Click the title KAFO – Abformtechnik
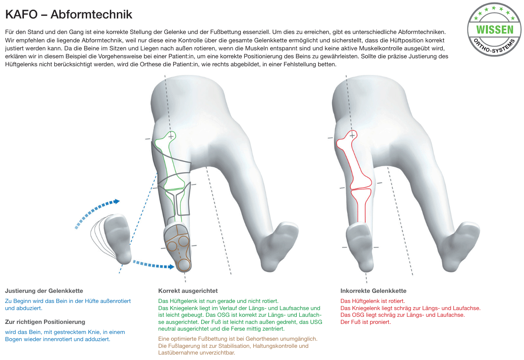click(69, 14)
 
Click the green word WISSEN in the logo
click(495, 30)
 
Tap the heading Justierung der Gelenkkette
click(44, 291)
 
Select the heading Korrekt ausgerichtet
click(188, 291)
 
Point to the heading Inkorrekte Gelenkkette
click(374, 291)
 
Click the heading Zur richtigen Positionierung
click(45, 322)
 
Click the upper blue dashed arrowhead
click(117, 201)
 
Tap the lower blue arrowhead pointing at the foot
click(171, 266)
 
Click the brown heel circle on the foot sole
click(184, 265)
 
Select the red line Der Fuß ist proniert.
click(366, 322)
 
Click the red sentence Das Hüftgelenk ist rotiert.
click(372, 301)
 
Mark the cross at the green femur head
click(171, 136)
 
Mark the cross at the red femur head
click(352, 135)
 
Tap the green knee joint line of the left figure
click(174, 189)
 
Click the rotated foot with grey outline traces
click(117, 239)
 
